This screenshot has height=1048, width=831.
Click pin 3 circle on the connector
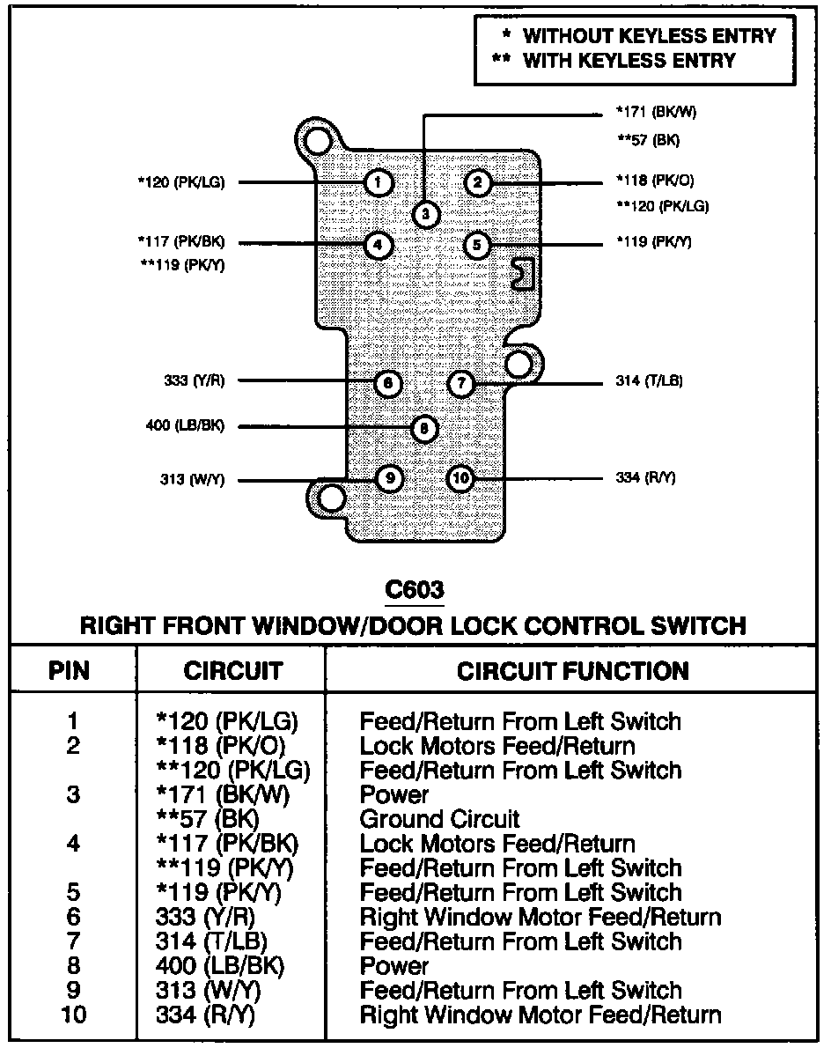pos(425,214)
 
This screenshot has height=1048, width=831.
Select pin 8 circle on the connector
pos(423,429)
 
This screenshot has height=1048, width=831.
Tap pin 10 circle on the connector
pos(460,479)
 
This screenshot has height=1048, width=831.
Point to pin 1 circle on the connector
pos(377,183)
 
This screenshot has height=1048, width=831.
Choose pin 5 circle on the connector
pos(476,244)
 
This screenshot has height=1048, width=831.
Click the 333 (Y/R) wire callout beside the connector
pos(194,382)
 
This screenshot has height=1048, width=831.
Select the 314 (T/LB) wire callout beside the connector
pos(649,382)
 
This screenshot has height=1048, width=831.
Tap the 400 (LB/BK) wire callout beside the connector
pos(184,426)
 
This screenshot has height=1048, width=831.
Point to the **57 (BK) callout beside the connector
pos(648,140)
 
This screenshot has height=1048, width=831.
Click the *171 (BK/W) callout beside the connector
pos(649,113)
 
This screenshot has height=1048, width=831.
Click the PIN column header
pos(70,671)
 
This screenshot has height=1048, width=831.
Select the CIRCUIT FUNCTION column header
pos(572,671)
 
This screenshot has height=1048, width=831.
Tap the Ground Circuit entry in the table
pos(439,819)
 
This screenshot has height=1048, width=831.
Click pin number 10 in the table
pos(74,1015)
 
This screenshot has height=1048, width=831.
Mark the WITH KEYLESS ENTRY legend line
pos(615,61)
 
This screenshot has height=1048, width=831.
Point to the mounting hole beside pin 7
pos(519,363)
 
